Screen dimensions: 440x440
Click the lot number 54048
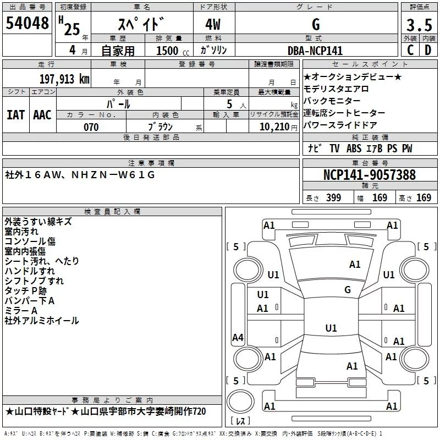tap(27, 24)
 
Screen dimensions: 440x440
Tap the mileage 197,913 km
tap(64, 79)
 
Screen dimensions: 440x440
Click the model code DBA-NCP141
tap(315, 51)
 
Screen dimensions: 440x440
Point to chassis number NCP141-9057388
tap(370, 175)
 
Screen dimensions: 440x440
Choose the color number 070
tap(91, 127)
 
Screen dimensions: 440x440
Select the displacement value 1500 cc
tap(169, 51)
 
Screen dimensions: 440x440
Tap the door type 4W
tap(215, 25)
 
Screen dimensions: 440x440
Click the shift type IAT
tap(15, 115)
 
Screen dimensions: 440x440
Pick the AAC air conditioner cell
tap(42, 115)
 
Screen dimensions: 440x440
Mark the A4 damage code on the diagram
tap(238, 337)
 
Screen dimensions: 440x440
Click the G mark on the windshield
tap(348, 290)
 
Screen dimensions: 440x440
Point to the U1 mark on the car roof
tap(331, 328)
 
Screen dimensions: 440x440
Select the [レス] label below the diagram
tap(240, 422)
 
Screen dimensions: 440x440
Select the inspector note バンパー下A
tap(30, 301)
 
